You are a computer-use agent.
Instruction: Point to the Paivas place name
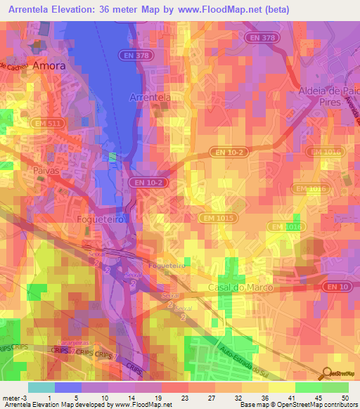(x=44, y=170)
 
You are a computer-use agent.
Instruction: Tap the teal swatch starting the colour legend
(x=41, y=387)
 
